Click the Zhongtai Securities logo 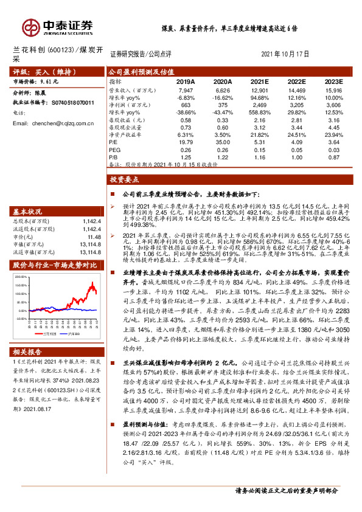point(58,26)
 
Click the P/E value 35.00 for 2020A point(223,142)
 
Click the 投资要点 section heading point(125,179)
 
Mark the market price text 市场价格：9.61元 point(36,81)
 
